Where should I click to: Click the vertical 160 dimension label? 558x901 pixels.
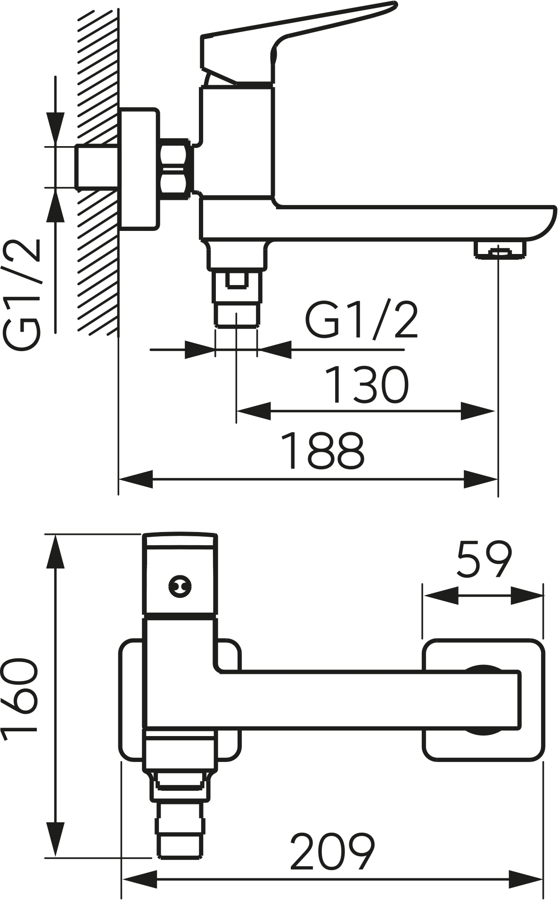coord(20,700)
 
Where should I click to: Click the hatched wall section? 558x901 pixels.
coord(97,170)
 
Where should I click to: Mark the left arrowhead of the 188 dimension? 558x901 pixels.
coord(136,480)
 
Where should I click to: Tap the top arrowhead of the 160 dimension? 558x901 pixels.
coord(56,552)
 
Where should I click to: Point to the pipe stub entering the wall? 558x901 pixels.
coord(96,167)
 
